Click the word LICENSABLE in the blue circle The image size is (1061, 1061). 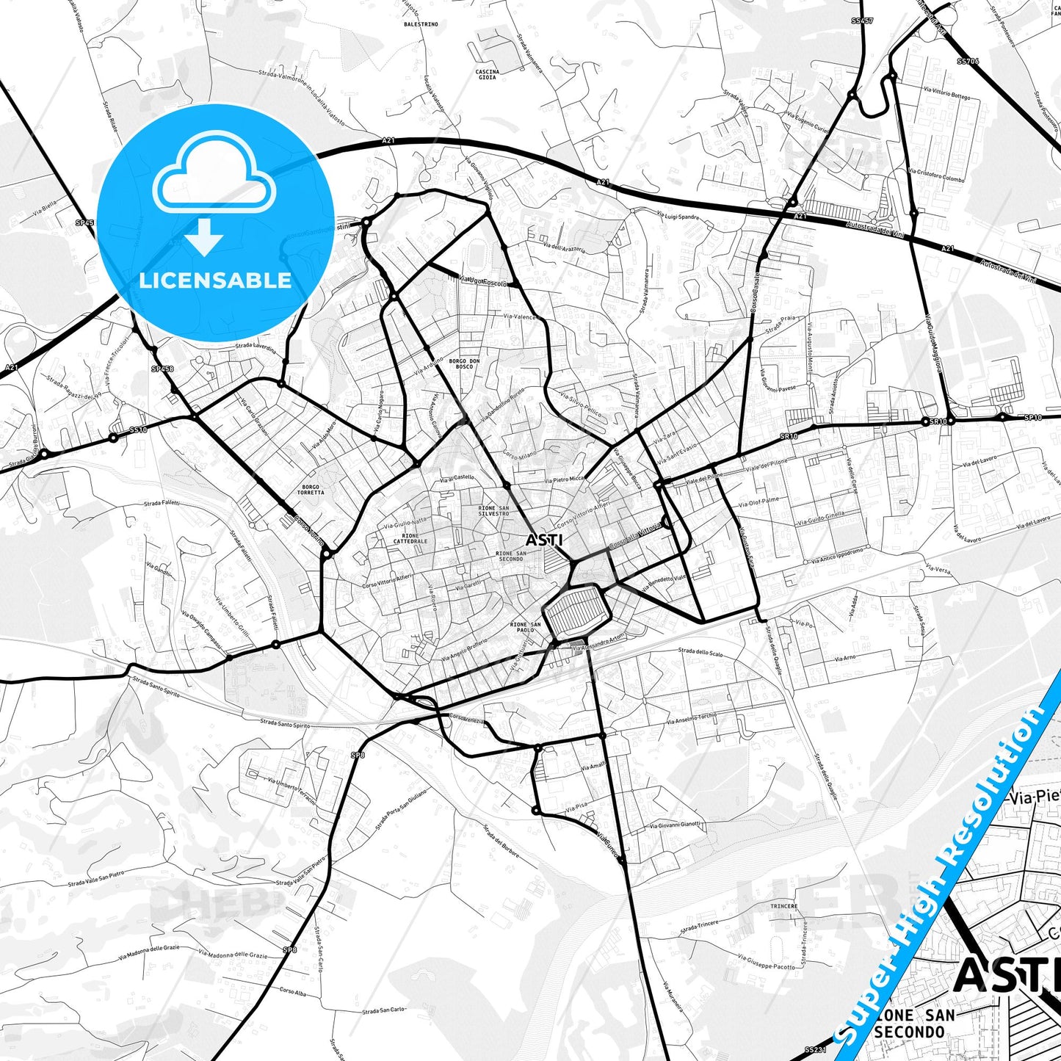215,280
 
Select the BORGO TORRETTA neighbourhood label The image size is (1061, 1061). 311,490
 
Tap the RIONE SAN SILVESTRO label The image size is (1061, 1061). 493,510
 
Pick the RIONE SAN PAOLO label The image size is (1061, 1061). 525,627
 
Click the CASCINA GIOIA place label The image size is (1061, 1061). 488,74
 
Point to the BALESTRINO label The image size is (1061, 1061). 421,24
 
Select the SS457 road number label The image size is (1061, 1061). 862,21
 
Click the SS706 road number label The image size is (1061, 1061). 968,62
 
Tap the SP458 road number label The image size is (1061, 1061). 162,369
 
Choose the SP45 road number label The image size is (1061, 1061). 84,222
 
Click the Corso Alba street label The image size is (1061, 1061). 292,991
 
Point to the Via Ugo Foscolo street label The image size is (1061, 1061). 483,280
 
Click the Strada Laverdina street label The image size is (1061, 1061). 255,347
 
